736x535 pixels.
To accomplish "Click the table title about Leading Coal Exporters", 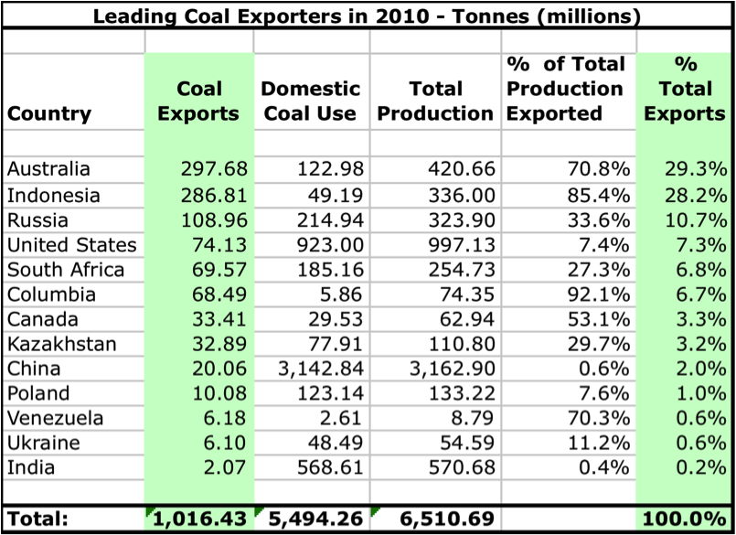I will click(368, 16).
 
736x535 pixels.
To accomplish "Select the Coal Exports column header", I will click(199, 101).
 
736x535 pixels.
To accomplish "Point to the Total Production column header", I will click(434, 101).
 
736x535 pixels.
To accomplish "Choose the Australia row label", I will click(48, 169).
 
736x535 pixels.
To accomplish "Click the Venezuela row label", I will click(54, 419).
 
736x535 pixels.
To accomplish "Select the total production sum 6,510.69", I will click(447, 519).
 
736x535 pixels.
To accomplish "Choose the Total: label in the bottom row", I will click(37, 519).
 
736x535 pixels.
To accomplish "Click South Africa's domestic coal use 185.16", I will click(325, 270).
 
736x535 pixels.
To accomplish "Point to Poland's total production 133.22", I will click(462, 394).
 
